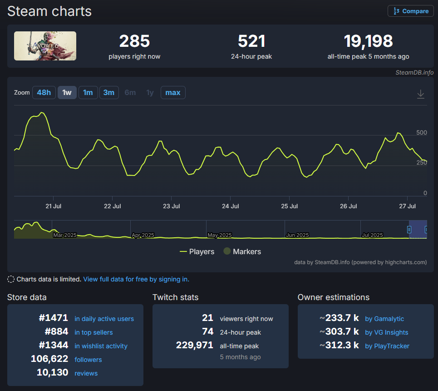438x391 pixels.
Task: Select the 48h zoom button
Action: coord(44,93)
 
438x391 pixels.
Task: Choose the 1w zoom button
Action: coord(67,93)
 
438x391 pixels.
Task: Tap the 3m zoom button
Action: coord(108,93)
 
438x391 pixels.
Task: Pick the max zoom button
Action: coord(172,93)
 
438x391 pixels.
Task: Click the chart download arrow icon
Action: coord(421,94)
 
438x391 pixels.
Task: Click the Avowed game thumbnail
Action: coord(45,46)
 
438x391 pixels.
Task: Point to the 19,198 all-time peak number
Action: coord(368,41)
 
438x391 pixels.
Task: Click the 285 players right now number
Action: coord(134,41)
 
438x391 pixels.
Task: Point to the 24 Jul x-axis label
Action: coord(231,206)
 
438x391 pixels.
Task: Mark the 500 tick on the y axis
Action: coord(422,133)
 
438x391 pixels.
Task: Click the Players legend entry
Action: coord(197,251)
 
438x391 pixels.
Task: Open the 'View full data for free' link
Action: coord(136,279)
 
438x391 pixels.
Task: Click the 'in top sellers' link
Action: coord(94,332)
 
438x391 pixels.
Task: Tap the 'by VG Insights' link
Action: coord(386,332)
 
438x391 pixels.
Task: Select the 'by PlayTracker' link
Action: coord(387,346)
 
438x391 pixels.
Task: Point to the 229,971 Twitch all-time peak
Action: coord(194,345)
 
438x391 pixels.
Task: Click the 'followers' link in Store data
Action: coord(88,360)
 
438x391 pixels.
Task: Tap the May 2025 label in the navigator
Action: coord(220,235)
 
